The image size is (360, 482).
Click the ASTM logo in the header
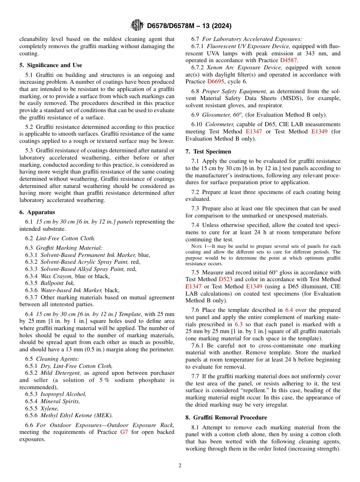[137, 25]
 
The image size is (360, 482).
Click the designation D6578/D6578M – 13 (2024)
[189, 26]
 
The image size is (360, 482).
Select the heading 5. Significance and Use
[50, 65]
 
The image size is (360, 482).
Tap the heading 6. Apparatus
[37, 212]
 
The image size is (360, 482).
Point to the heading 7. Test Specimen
[208, 152]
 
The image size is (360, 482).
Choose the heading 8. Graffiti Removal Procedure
[226, 417]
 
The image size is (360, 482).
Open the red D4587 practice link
[288, 60]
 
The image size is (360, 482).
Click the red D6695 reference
[216, 81]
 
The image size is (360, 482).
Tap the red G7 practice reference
[124, 432]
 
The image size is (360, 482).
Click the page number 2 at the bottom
[180, 466]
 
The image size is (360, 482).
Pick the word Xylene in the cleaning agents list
[49, 408]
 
